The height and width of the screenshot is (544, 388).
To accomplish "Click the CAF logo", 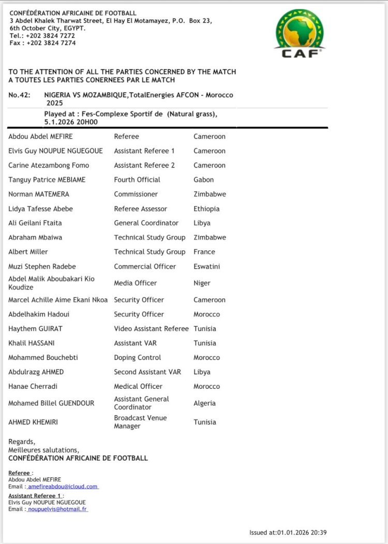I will (x=300, y=33).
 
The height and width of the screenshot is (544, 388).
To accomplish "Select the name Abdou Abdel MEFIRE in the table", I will (x=41, y=137).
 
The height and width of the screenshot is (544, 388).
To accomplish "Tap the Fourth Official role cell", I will (x=137, y=180).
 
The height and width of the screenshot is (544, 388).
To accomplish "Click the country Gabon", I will (x=203, y=180).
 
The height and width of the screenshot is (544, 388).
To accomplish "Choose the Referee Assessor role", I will (x=141, y=209).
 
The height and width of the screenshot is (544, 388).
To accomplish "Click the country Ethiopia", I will (x=206, y=209).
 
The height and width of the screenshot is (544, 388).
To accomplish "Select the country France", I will (x=204, y=252).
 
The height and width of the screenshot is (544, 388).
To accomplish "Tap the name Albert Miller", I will (x=28, y=252).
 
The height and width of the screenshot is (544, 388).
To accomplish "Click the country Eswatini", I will (x=207, y=266).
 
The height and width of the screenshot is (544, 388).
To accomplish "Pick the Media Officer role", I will (x=135, y=283).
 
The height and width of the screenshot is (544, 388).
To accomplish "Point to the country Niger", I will (x=202, y=283).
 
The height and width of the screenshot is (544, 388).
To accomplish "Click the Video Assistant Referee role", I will (x=152, y=328).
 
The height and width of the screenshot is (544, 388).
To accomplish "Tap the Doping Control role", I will (x=138, y=357).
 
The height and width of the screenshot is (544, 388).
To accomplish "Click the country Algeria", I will (x=204, y=403).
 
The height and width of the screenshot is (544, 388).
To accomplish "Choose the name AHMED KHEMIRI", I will (x=33, y=422).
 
